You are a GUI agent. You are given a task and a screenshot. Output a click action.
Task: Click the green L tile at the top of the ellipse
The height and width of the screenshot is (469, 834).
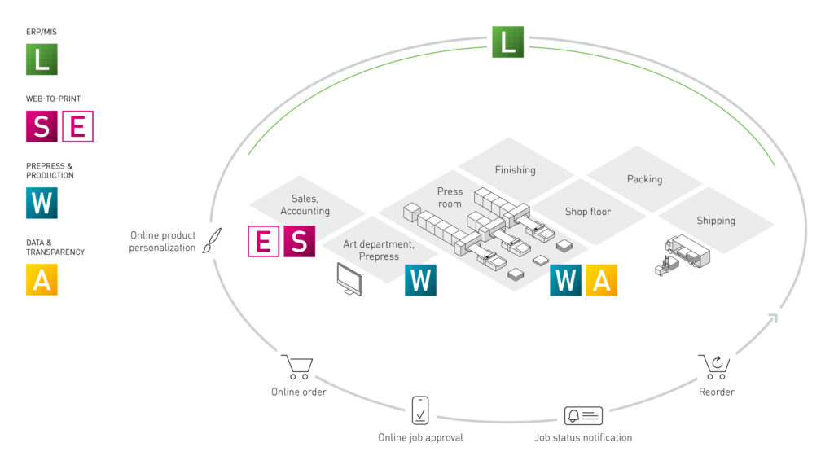507,42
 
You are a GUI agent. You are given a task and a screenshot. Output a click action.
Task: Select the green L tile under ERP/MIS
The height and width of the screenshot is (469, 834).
42,59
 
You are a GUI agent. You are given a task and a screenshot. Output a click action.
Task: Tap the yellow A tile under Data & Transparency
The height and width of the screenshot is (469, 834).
42,279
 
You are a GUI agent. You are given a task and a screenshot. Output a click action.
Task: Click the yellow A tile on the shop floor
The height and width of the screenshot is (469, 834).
601,279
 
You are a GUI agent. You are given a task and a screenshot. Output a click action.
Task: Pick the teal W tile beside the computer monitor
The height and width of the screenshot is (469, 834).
420,279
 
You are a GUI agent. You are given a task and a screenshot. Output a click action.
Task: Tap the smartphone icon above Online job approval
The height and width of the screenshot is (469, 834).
420,410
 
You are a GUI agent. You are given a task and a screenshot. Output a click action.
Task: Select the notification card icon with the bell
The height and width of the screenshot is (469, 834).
583,416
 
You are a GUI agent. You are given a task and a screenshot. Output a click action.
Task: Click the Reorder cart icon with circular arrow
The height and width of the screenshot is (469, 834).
714,367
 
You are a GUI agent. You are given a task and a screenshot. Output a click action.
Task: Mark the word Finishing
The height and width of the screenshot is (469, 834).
516,170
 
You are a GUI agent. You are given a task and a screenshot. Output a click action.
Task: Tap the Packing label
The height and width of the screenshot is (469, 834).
644,179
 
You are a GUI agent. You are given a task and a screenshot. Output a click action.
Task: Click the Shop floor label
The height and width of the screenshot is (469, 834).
588,212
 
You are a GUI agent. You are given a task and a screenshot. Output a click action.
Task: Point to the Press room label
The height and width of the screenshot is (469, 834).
450,198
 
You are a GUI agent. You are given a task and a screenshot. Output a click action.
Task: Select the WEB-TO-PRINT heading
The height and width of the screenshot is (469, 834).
53,99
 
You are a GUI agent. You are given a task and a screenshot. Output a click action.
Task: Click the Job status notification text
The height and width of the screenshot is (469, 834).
582,437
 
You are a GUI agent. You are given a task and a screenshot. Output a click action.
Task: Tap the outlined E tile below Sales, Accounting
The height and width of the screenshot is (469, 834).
263,242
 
